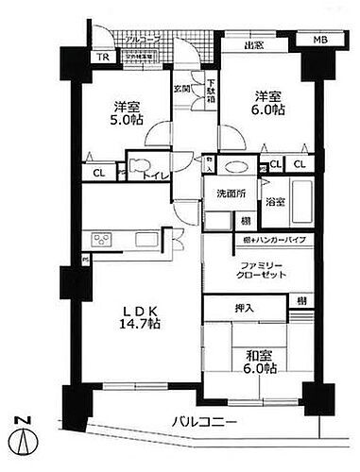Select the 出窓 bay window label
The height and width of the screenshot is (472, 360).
(x=252, y=43)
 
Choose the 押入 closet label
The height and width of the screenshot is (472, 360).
(x=244, y=308)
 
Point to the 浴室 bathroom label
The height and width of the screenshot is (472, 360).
(x=276, y=201)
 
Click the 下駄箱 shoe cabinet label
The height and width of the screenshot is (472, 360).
(x=211, y=94)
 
